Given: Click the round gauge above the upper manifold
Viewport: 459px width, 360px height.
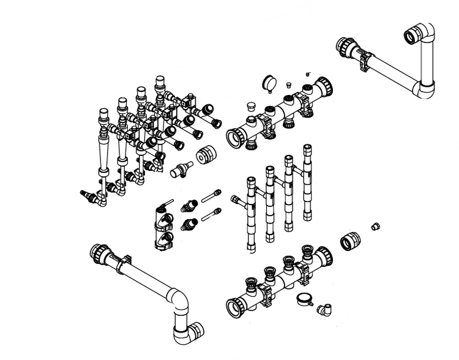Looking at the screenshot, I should click(268, 82).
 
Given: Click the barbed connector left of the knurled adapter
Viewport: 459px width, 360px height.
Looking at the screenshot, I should click(178, 169).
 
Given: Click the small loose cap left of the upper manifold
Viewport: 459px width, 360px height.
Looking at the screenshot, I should click(250, 108).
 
